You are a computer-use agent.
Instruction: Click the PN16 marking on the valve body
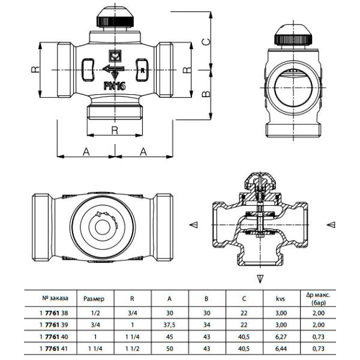click(115, 86)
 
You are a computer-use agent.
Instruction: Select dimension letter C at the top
click(205, 42)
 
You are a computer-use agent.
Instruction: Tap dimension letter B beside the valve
click(205, 94)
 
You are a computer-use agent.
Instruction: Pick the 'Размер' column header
click(94, 298)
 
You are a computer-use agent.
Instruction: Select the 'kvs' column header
click(280, 298)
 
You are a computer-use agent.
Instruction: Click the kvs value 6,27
click(280, 335)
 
